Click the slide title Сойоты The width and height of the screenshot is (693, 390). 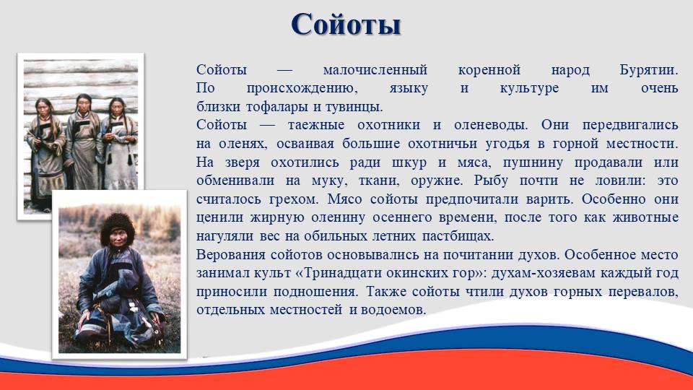click(x=346, y=25)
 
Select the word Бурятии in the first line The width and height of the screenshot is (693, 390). click(x=648, y=70)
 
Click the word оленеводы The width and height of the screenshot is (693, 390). click(x=491, y=125)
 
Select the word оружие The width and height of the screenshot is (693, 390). click(x=437, y=181)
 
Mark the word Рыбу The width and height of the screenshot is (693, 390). click(x=491, y=181)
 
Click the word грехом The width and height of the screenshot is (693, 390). click(x=294, y=199)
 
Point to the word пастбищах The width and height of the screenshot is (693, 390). click(x=458, y=236)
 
